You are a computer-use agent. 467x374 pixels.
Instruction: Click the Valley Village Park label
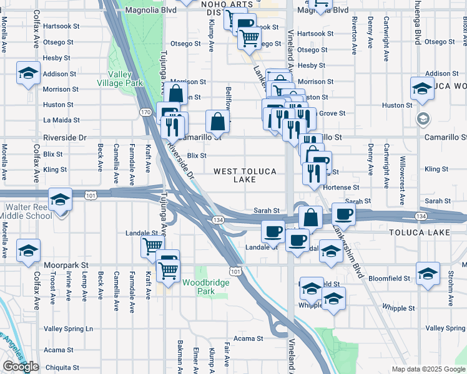tap(120, 78)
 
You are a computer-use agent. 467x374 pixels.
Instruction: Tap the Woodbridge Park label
tap(206, 287)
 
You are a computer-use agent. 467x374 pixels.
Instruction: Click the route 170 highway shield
tap(145, 112)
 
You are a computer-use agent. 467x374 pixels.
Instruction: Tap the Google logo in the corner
tap(21, 367)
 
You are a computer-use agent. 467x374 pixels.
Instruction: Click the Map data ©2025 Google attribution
tap(428, 369)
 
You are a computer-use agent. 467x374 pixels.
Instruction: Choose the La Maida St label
tap(58, 120)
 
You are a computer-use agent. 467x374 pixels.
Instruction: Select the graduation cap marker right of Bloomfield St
tap(428, 274)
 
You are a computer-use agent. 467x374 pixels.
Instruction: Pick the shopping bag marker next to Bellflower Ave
tap(217, 122)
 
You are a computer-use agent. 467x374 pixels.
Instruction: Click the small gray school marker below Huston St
tap(423, 118)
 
